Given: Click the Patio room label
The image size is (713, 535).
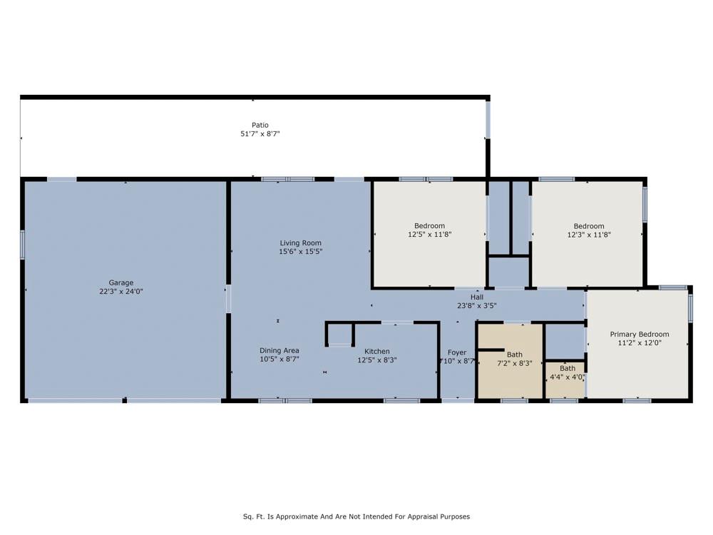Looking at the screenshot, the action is click(x=260, y=125).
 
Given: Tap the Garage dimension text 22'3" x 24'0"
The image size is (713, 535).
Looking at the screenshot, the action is click(x=121, y=291).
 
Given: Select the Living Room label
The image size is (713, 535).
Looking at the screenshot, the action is click(x=301, y=243).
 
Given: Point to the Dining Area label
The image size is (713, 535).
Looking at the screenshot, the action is click(x=279, y=350).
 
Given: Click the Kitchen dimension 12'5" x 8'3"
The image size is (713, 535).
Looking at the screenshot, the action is click(x=377, y=360).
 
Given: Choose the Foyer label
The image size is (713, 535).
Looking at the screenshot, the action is click(x=457, y=352).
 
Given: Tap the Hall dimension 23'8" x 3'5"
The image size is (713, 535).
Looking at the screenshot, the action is click(x=476, y=306).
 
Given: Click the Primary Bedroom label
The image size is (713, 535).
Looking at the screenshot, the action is click(x=640, y=334).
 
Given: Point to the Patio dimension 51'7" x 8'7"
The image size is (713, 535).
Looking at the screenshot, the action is click(x=260, y=134).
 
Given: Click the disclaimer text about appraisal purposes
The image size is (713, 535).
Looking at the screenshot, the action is click(x=356, y=516).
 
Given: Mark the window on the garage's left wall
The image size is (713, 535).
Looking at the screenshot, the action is click(x=22, y=245).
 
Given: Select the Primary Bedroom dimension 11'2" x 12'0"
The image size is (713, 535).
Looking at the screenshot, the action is click(x=640, y=342).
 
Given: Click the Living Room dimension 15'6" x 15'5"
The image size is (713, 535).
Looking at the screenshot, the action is click(x=301, y=252).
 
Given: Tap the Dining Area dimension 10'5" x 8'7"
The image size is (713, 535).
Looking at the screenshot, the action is click(x=279, y=359).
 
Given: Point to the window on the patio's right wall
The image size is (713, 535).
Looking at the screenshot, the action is click(x=488, y=119).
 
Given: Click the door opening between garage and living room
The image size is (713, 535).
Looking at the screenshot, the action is click(x=228, y=298).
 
